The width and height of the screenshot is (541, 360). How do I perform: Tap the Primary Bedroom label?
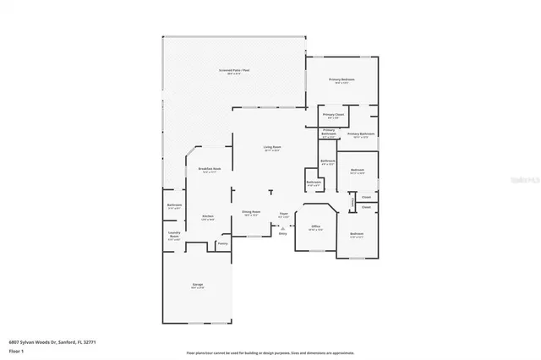pyautogui.click(x=342, y=79)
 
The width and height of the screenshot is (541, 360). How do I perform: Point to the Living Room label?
pyautogui.click(x=271, y=147)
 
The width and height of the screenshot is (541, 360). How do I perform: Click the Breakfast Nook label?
pyautogui.click(x=210, y=169)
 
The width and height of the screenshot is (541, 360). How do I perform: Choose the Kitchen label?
pyautogui.click(x=207, y=216)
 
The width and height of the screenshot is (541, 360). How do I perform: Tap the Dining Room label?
pyautogui.click(x=251, y=212)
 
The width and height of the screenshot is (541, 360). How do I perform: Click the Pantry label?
pyautogui.click(x=222, y=243)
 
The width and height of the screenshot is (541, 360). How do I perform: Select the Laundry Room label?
pyautogui.click(x=174, y=237)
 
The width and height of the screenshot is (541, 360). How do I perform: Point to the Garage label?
pyautogui.click(x=196, y=286)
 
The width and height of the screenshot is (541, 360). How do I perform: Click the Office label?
pyautogui.click(x=315, y=226)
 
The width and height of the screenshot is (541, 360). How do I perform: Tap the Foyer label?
pyautogui.click(x=284, y=215)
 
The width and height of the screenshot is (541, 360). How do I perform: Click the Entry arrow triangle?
pyautogui.click(x=282, y=227)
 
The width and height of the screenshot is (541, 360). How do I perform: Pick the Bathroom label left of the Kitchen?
pyautogui.click(x=174, y=205)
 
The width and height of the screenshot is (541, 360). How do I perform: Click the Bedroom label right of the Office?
pyautogui.click(x=357, y=234)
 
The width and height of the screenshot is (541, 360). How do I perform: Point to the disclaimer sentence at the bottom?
pyautogui.click(x=270, y=352)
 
